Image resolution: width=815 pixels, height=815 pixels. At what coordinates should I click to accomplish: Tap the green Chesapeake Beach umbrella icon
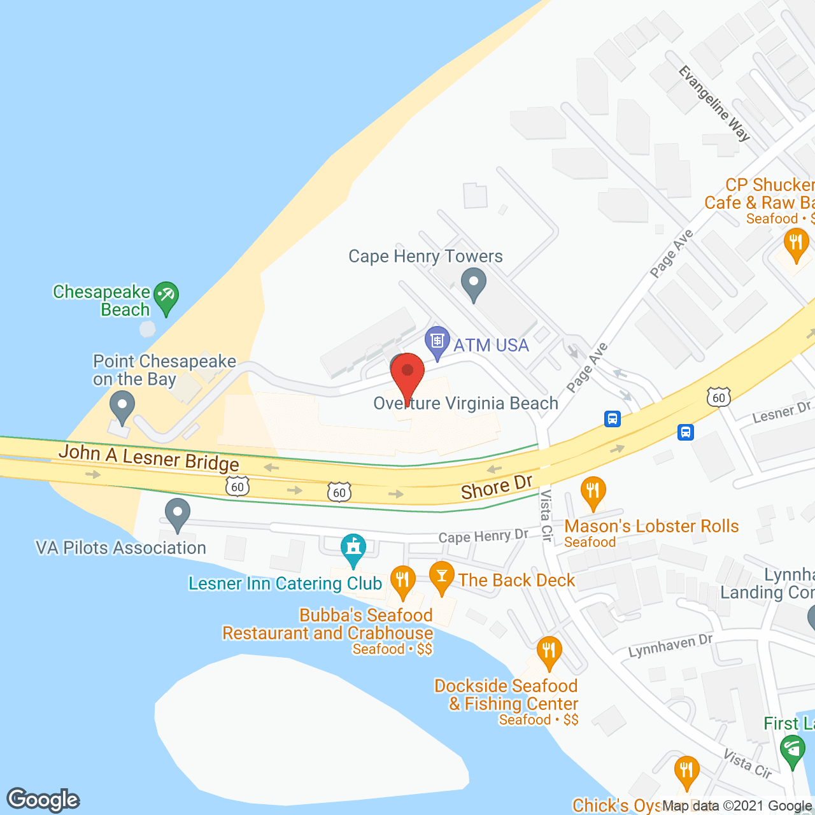(x=166, y=297)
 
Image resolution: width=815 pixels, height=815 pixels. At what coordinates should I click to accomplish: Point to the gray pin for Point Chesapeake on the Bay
(x=122, y=406)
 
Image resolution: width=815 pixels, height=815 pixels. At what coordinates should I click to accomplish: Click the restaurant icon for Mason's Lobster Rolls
(x=593, y=492)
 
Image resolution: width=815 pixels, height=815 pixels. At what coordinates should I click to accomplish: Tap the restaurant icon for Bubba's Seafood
(x=402, y=580)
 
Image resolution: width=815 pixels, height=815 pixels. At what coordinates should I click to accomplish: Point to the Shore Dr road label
(x=497, y=488)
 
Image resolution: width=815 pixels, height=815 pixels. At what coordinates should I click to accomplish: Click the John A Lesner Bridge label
(x=149, y=458)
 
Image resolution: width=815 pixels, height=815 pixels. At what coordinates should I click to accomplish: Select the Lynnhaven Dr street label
(x=670, y=646)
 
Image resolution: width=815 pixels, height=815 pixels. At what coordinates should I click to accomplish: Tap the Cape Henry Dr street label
(x=483, y=536)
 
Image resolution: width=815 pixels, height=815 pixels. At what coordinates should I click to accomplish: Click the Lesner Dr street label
(x=781, y=413)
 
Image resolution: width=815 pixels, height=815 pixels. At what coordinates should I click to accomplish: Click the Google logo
(x=43, y=800)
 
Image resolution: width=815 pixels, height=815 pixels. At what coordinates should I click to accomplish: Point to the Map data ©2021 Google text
(x=737, y=805)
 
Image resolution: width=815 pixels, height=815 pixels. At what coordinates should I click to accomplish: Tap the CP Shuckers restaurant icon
(x=796, y=243)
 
